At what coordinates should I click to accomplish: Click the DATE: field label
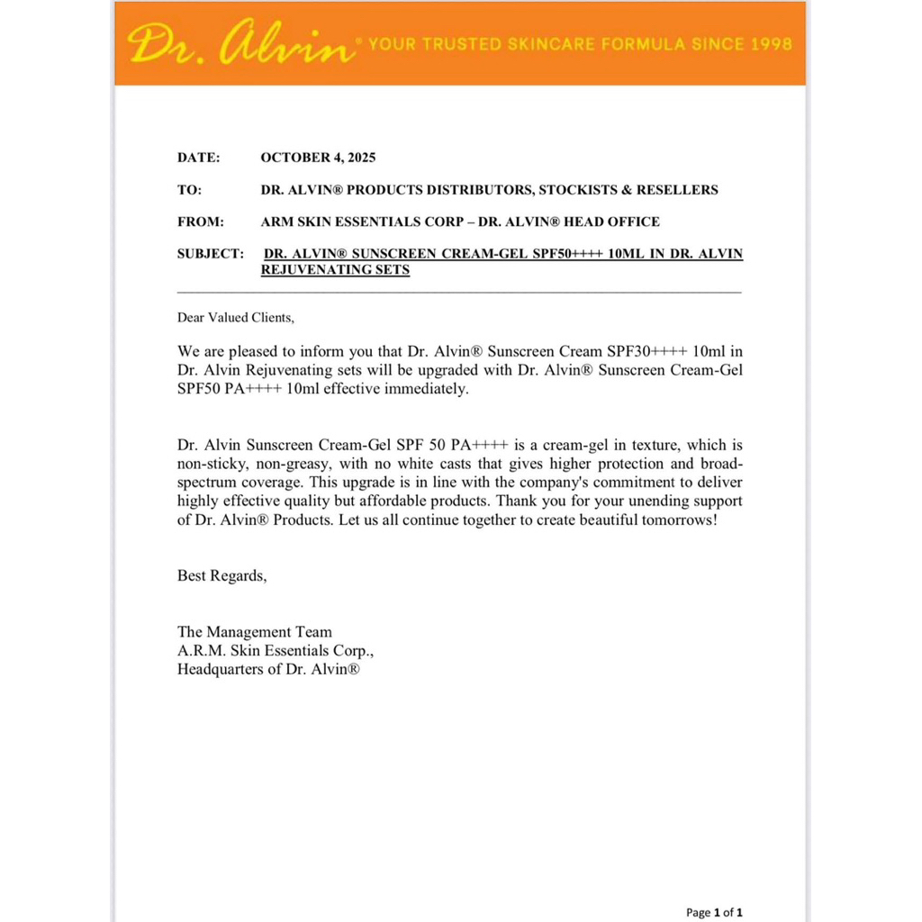click(x=198, y=158)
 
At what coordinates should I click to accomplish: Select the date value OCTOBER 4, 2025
click(x=318, y=158)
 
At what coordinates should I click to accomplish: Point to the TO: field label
click(x=189, y=190)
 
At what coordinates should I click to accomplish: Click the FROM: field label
click(x=201, y=221)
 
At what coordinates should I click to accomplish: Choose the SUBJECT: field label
click(x=211, y=254)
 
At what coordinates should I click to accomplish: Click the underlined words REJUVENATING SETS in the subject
click(x=335, y=269)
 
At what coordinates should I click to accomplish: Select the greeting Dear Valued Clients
click(x=236, y=317)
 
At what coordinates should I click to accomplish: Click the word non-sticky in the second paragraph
click(x=209, y=464)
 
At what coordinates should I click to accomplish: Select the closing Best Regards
click(x=221, y=575)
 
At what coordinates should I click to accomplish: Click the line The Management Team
click(x=255, y=632)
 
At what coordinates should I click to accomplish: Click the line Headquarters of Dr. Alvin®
click(x=269, y=669)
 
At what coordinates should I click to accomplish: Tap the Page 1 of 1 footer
click(x=714, y=912)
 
